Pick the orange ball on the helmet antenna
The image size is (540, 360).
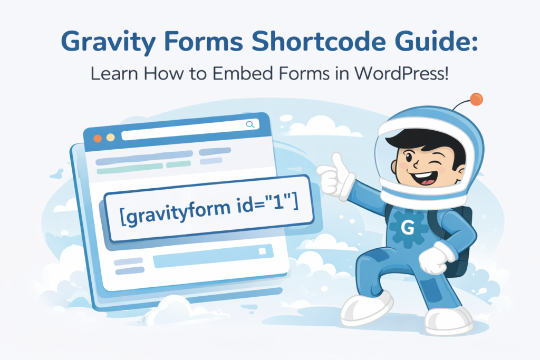pos(476,99)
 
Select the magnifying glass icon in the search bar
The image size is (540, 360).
pos(249,124)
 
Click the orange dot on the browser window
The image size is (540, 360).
pos(98,138)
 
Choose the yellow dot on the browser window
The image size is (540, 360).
pos(110,138)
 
